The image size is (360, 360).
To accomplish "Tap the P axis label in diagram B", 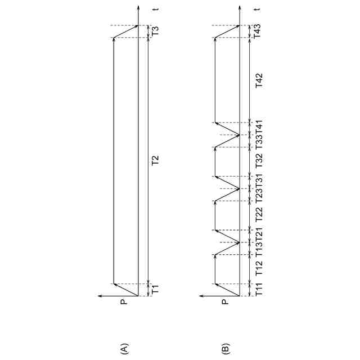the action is [225, 302].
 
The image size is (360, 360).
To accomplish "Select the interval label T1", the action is [156, 290].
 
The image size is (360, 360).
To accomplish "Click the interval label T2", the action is [156, 161].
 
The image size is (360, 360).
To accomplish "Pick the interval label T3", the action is [156, 31].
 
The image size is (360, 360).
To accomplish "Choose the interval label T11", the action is [259, 290].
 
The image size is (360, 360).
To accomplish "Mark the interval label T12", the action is [259, 269].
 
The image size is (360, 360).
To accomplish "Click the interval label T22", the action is [259, 215].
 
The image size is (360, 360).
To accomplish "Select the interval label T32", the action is [259, 162].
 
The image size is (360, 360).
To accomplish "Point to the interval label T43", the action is [258, 31].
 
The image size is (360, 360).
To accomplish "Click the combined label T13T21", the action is [259, 242].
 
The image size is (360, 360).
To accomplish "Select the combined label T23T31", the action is [259, 188].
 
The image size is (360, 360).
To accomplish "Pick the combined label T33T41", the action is [259, 135].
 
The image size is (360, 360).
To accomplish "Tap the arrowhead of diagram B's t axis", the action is [240, 8].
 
